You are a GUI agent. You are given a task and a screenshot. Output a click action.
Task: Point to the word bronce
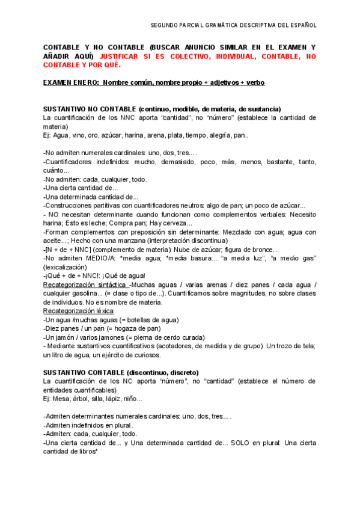[264, 249]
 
